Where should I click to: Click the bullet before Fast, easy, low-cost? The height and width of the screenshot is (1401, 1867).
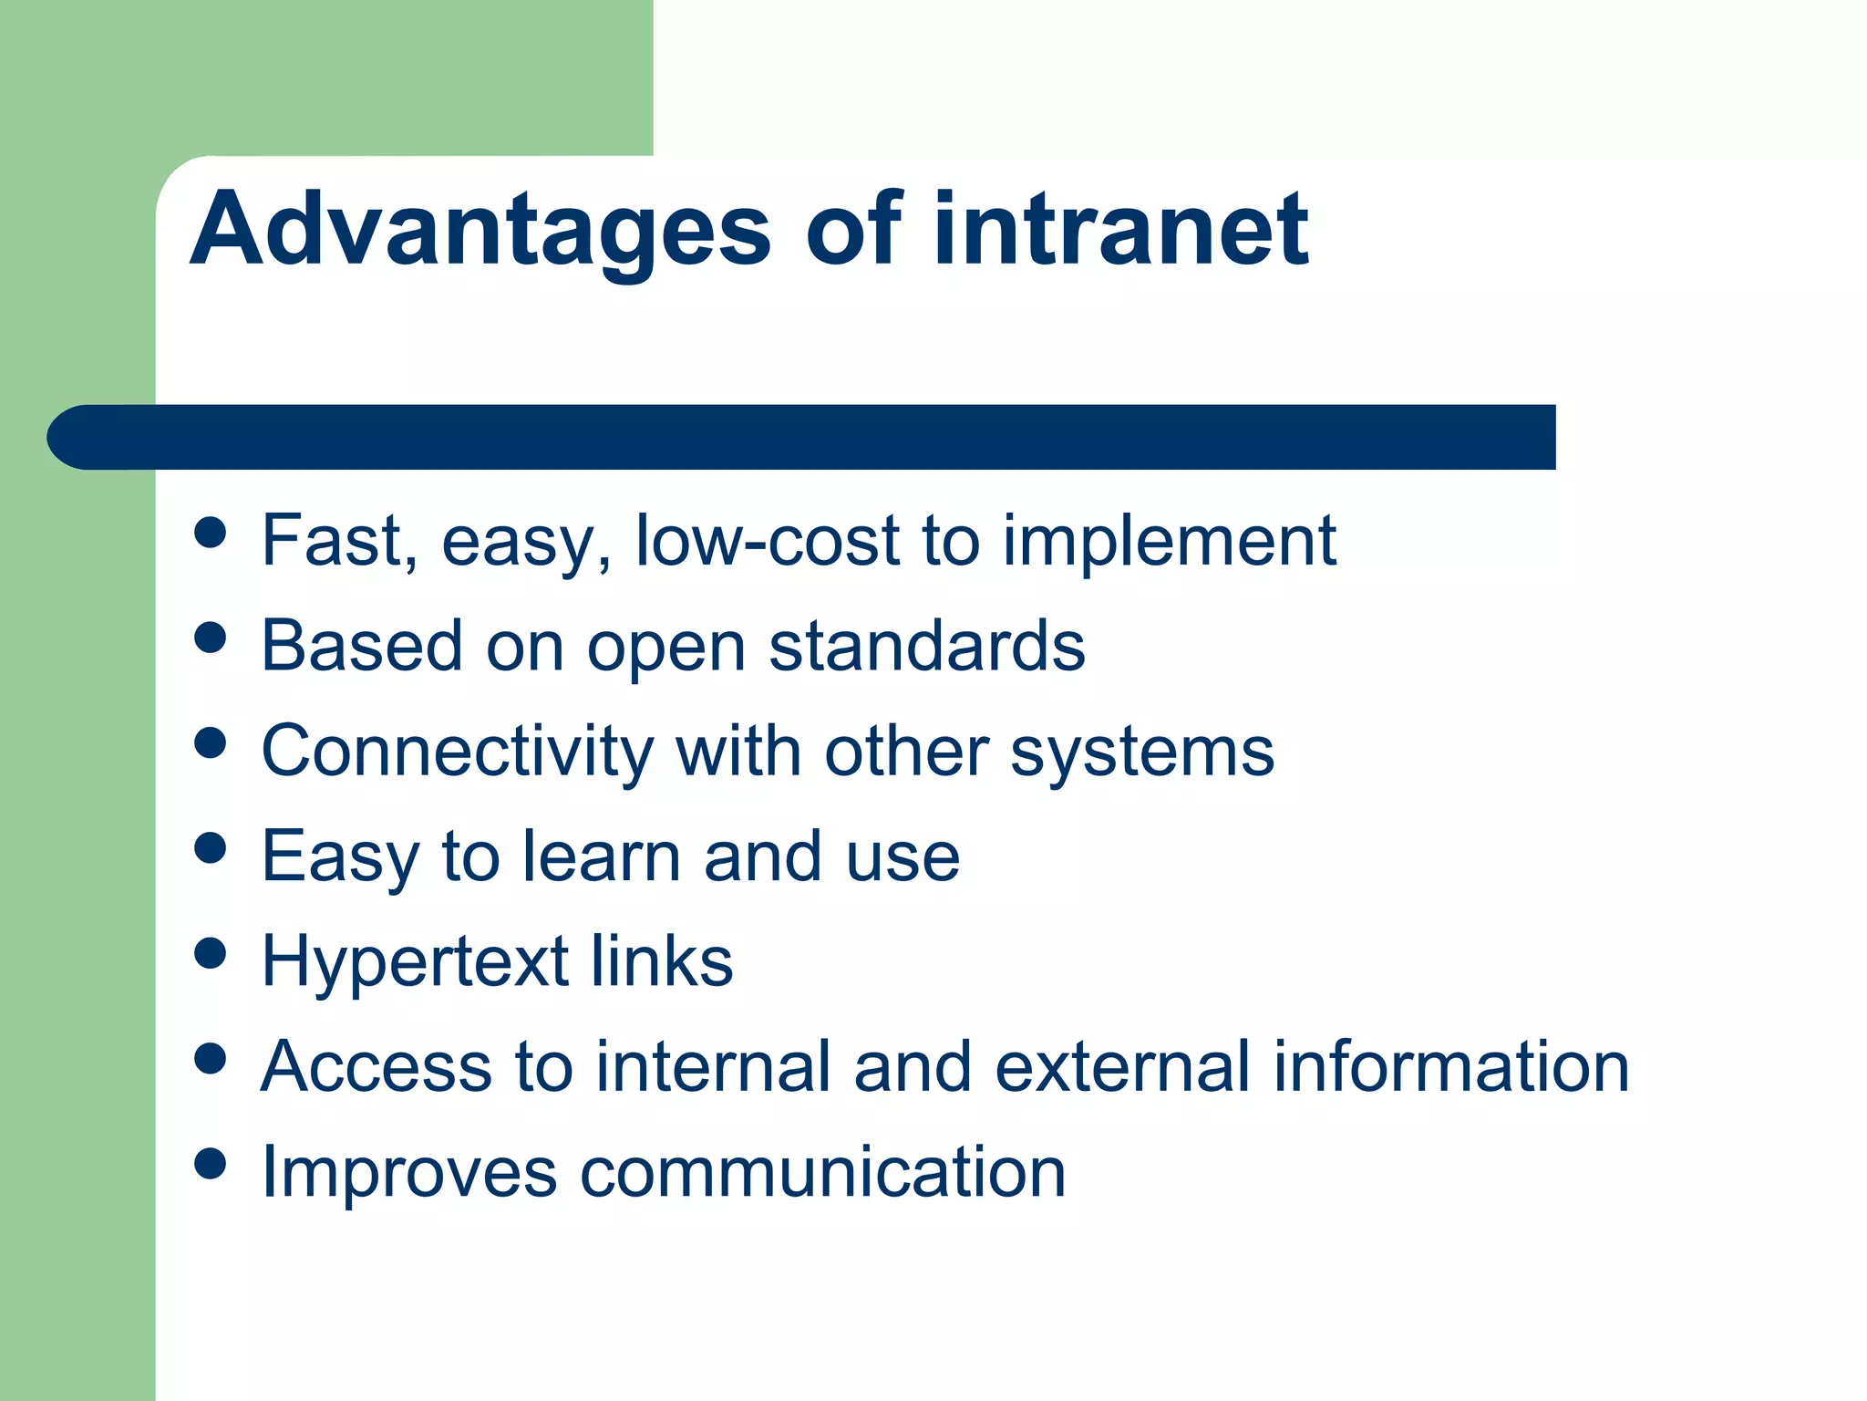pyautogui.click(x=211, y=533)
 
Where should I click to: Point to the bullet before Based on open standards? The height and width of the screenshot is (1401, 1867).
pyautogui.click(x=211, y=638)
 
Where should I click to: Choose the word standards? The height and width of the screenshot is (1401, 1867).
pyautogui.click(x=927, y=646)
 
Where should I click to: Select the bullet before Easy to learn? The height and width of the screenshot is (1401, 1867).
pyautogui.click(x=211, y=848)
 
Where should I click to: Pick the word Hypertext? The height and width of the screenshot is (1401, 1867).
pyautogui.click(x=415, y=963)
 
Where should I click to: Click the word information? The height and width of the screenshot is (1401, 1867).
pyautogui.click(x=1450, y=1066)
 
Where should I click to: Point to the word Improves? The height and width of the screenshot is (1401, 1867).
pyautogui.click(x=408, y=1173)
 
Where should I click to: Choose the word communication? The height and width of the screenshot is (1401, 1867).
pyautogui.click(x=822, y=1171)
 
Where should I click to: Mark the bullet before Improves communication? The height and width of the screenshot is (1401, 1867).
pyautogui.click(x=211, y=1163)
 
